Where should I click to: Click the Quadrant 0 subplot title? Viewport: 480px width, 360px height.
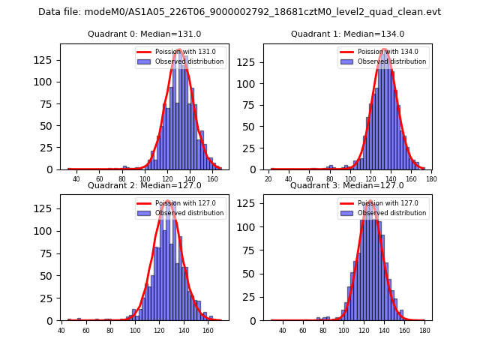(144, 34)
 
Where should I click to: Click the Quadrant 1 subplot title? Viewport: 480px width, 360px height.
(347, 34)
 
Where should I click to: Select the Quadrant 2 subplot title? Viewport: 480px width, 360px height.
(144, 185)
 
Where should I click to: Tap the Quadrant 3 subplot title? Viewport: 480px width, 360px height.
(346, 185)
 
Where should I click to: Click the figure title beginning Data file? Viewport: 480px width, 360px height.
(240, 12)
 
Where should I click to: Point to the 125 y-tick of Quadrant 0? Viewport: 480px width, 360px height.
(48, 60)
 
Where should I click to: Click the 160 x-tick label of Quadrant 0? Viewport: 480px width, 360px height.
(213, 179)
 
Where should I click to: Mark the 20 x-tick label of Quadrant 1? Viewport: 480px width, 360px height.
(268, 179)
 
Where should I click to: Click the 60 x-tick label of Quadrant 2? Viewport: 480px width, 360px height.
(85, 330)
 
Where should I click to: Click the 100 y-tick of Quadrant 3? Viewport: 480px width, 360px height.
(250, 227)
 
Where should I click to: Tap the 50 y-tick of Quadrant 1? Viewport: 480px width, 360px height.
(253, 126)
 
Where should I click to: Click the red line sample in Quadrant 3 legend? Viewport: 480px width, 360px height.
(349, 203)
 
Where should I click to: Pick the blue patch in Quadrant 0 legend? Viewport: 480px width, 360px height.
(146, 61)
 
